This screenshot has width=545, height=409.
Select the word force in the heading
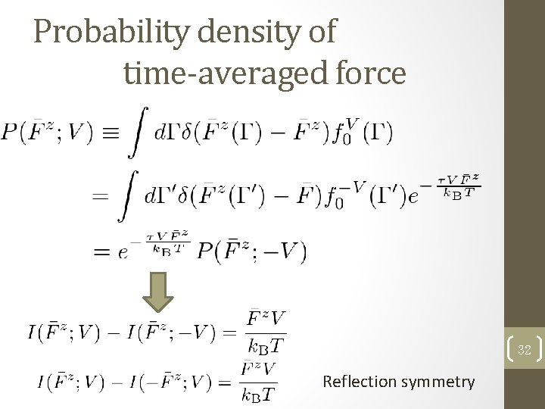pyautogui.click(x=372, y=73)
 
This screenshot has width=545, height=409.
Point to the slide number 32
pyautogui.click(x=525, y=350)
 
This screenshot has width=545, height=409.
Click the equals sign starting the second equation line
pyautogui.click(x=100, y=195)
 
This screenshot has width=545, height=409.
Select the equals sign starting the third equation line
pyautogui.click(x=100, y=251)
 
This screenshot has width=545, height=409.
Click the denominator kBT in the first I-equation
pyautogui.click(x=266, y=347)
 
